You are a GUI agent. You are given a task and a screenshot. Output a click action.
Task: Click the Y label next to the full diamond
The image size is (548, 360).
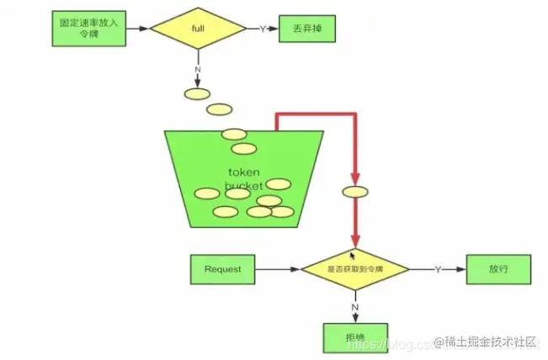coord(262,29)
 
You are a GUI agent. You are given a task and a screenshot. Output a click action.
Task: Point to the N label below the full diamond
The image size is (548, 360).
coord(198,70)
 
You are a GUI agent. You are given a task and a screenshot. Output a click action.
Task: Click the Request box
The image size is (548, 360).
coord(222,269)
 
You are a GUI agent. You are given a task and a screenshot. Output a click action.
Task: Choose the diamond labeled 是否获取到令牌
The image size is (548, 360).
coord(354,269)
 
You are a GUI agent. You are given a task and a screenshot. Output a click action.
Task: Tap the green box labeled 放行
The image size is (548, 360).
coord(497,269)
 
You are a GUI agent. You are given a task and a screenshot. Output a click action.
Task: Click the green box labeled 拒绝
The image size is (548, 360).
coord(355,336)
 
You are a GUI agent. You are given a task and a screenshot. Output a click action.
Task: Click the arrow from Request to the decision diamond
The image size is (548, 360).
coord(278,269)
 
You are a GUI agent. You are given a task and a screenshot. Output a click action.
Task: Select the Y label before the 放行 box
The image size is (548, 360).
coord(437,269)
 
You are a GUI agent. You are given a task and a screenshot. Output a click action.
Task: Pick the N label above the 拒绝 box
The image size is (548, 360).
coord(355,307)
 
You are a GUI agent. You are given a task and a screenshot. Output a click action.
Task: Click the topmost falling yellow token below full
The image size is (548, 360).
coord(197,93)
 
